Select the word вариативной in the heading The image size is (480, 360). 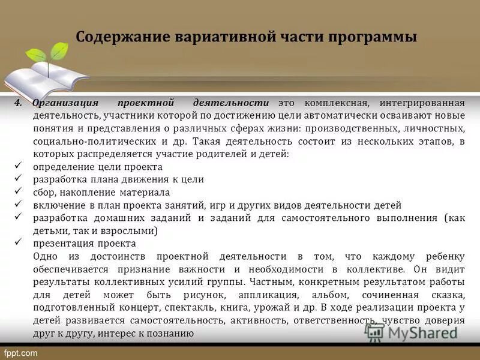224,37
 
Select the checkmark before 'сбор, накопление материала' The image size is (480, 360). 18,192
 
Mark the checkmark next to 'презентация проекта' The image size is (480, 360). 18,243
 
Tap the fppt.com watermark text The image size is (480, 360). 21,352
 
